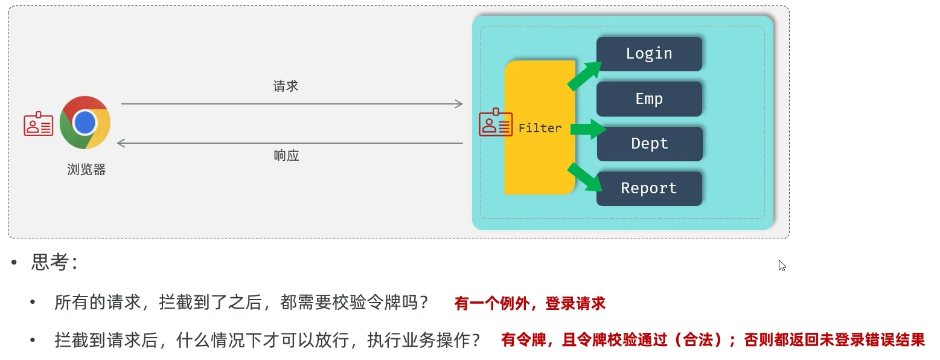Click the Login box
pyautogui.click(x=649, y=54)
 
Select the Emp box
pyautogui.click(x=649, y=99)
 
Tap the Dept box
pyautogui.click(x=650, y=144)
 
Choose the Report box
pyautogui.click(x=649, y=188)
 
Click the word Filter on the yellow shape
pyautogui.click(x=540, y=128)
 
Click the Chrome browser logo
pyautogui.click(x=85, y=123)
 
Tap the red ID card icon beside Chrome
pyautogui.click(x=39, y=124)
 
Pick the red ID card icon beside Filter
pyautogui.click(x=496, y=123)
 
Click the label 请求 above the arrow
pyautogui.click(x=286, y=86)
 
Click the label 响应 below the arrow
pyautogui.click(x=286, y=156)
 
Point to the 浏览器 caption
pyautogui.click(x=86, y=170)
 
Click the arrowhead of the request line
pyautogui.click(x=459, y=104)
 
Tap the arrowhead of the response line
pyautogui.click(x=121, y=143)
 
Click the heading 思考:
pyautogui.click(x=54, y=263)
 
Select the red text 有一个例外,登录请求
pyautogui.click(x=530, y=304)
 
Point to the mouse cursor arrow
pyautogui.click(x=782, y=265)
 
